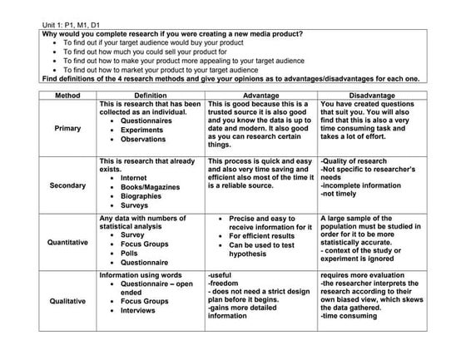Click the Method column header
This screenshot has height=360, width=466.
[67, 95]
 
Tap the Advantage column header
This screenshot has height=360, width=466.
[260, 95]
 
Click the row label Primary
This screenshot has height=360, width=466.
[67, 129]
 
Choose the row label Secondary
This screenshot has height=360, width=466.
[67, 185]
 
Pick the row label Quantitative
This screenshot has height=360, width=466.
[67, 243]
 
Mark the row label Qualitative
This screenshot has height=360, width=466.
[67, 301]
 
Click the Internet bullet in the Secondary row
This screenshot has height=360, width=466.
[134, 177]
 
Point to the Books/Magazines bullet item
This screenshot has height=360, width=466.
[150, 187]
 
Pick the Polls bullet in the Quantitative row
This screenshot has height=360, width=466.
[130, 254]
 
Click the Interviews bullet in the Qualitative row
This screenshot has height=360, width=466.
[138, 311]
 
